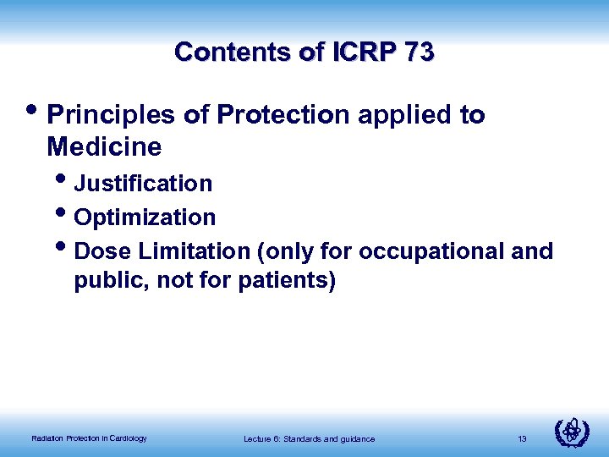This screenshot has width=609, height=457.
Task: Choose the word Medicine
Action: click(104, 147)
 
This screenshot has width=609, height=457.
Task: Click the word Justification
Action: click(143, 183)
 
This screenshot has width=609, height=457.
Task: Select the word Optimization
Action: click(145, 217)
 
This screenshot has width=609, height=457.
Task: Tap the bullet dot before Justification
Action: click(65, 180)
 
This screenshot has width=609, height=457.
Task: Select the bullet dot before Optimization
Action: click(65, 215)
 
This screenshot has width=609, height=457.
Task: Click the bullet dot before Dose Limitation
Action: click(65, 249)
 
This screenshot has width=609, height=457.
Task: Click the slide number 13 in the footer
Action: click(522, 438)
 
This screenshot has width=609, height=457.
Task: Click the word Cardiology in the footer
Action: click(128, 438)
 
